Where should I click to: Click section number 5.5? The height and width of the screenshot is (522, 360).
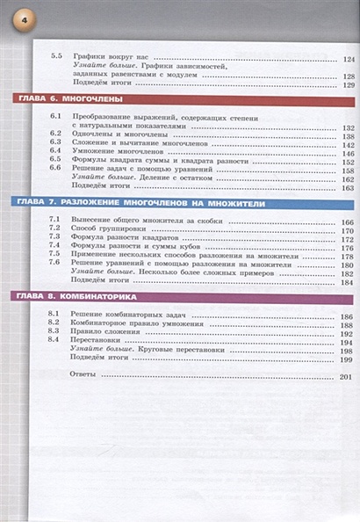point(57,58)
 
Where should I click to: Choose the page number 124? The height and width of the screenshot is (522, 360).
point(348,58)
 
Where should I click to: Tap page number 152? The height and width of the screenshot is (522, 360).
point(348,162)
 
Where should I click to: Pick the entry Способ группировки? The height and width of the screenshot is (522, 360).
point(104,229)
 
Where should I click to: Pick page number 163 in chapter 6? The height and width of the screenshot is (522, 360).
point(348,187)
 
